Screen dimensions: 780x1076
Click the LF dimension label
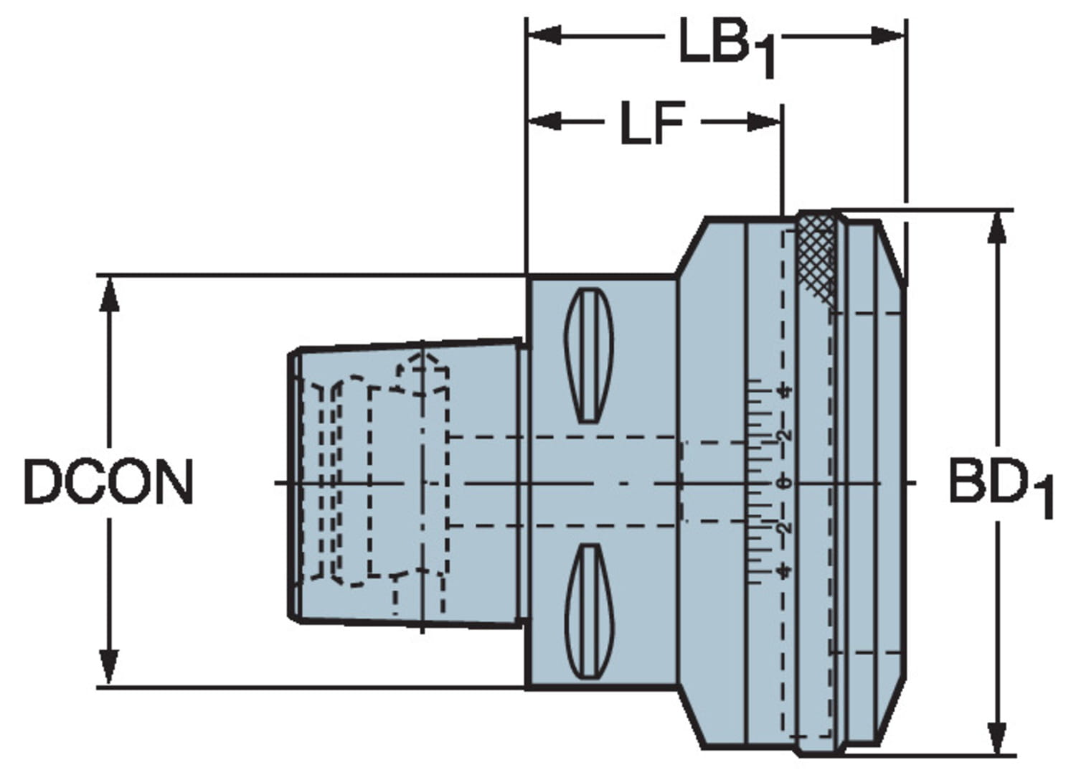click(x=651, y=123)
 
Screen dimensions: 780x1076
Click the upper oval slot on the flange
click(x=589, y=354)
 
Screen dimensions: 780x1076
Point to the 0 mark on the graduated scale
click(x=786, y=483)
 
